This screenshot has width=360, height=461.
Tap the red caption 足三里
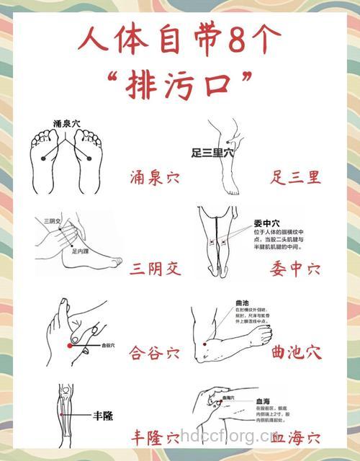coord(296,177)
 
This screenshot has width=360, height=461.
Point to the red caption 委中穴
coord(296,269)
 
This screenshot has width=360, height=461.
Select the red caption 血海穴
coord(296,437)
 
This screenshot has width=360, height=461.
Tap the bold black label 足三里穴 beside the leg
coord(212,153)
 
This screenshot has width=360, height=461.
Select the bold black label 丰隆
coord(103,416)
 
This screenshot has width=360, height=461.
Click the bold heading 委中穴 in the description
coord(266,223)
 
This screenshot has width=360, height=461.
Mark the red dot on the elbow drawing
coord(204,344)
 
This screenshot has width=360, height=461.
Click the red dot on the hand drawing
coord(69,346)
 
